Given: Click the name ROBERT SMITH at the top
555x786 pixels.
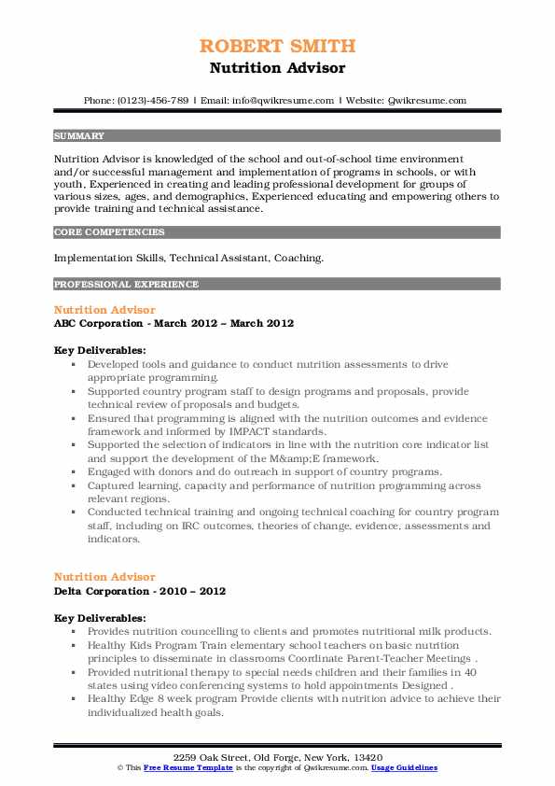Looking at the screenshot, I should (x=277, y=46).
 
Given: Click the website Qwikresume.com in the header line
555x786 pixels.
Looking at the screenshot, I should (x=428, y=100).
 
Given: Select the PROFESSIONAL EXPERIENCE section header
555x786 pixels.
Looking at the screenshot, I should (x=112, y=284).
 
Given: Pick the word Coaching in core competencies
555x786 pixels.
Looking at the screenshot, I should (x=299, y=257).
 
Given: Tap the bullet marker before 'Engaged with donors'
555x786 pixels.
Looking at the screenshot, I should (x=73, y=472).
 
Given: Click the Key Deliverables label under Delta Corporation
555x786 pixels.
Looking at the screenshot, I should (x=99, y=618).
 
